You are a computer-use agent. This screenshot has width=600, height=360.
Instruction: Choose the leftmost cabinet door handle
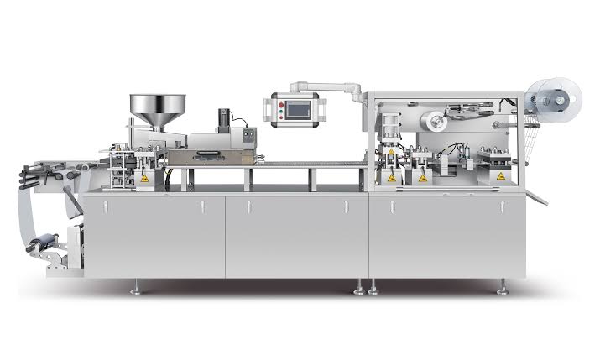(x=103, y=206)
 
